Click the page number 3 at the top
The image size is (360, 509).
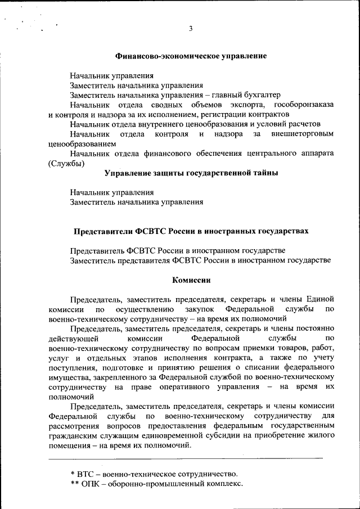(x=191, y=29)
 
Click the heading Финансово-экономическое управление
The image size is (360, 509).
(x=191, y=56)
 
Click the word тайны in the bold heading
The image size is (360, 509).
(x=264, y=173)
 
